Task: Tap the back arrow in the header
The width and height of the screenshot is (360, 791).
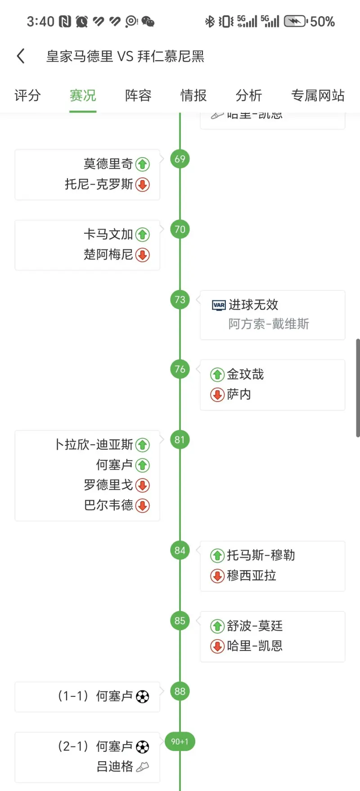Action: click(21, 56)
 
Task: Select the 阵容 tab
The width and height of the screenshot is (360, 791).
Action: click(138, 95)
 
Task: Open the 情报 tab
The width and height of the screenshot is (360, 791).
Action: click(193, 95)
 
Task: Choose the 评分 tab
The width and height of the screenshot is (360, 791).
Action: click(27, 95)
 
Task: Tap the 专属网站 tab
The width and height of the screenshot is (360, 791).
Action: click(318, 95)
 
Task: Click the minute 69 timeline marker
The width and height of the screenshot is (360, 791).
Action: click(180, 159)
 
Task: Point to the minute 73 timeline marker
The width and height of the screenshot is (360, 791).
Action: click(180, 300)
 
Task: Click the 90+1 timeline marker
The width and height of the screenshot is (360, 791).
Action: click(180, 741)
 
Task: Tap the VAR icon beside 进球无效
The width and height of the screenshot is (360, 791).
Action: click(219, 305)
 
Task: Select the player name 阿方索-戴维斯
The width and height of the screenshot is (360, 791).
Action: click(269, 324)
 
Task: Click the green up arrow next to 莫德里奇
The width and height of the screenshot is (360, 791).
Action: click(143, 164)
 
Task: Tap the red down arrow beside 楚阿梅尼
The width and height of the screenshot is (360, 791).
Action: click(143, 255)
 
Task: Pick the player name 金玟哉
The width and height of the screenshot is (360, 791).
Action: click(245, 374)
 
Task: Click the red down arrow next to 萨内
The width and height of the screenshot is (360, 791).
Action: click(217, 395)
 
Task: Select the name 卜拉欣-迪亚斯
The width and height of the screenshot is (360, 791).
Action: click(94, 445)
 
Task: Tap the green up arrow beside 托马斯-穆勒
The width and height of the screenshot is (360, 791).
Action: click(217, 556)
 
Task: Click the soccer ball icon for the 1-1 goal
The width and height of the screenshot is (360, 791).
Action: click(143, 697)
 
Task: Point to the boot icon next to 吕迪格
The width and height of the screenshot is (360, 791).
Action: click(142, 767)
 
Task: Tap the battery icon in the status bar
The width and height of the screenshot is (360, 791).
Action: click(295, 21)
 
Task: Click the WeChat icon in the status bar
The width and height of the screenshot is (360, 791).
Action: click(148, 21)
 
